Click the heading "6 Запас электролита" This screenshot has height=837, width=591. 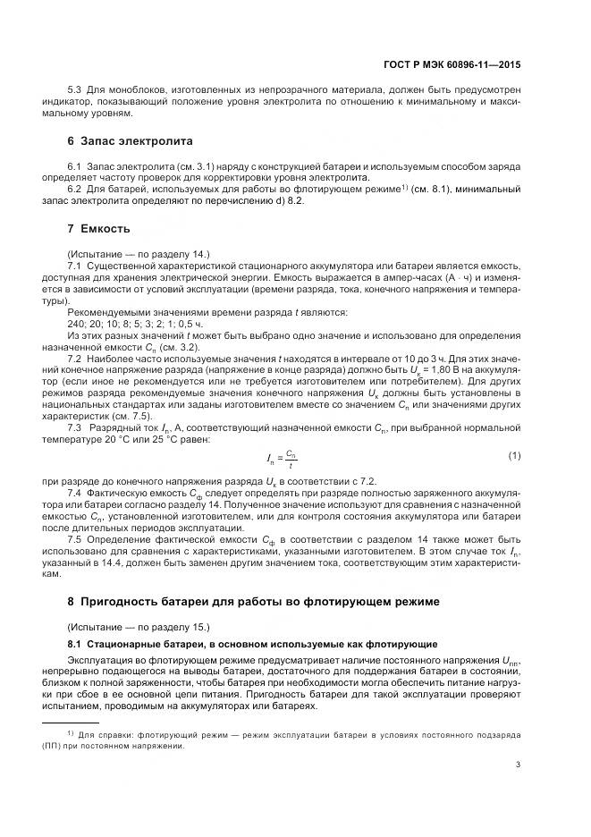130,141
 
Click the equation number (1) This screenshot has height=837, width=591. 514,457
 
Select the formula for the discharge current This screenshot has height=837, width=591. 280,459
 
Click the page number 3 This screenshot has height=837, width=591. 519,765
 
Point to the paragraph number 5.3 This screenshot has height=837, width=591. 76,90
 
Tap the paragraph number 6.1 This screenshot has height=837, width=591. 76,167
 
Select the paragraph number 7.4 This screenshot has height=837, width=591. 76,493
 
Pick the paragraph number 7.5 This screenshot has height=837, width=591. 76,541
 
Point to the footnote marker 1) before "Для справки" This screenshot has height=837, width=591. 71,732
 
